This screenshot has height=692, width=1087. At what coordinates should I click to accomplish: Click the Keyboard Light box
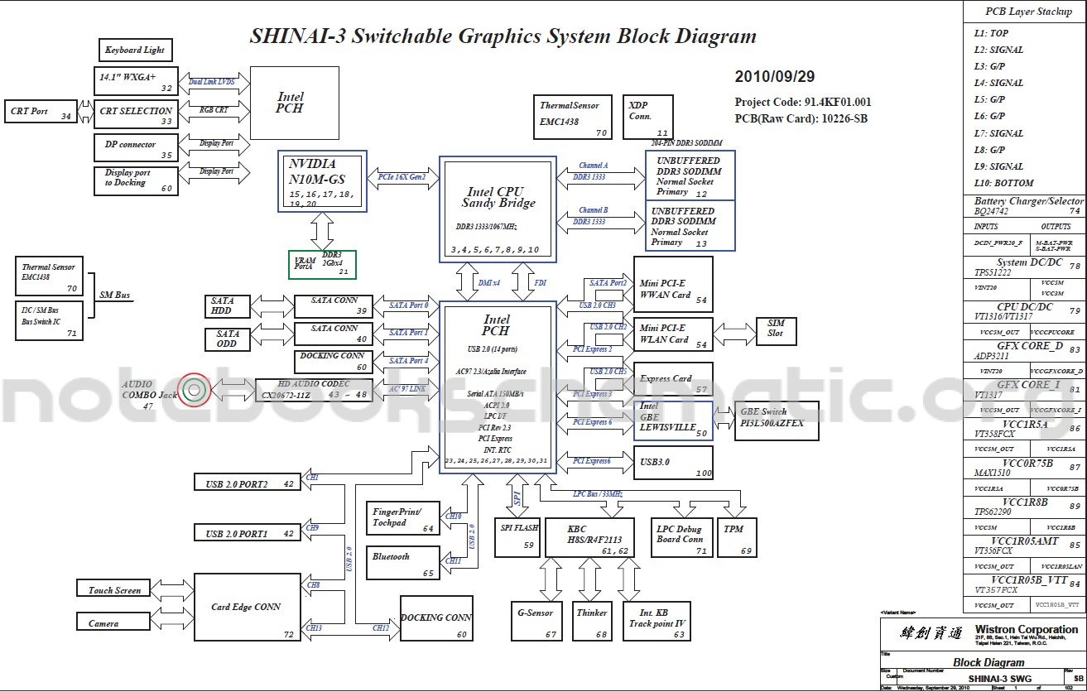pyautogui.click(x=134, y=50)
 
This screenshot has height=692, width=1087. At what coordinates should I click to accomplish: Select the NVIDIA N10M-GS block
pyautogui.click(x=323, y=180)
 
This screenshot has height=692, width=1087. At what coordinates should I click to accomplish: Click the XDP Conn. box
pyautogui.click(x=647, y=117)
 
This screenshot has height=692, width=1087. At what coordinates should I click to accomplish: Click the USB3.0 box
pyautogui.click(x=673, y=462)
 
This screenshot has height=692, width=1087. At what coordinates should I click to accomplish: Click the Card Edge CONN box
pyautogui.click(x=247, y=607)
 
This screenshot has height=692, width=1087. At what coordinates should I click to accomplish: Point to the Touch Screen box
pyautogui.click(x=114, y=590)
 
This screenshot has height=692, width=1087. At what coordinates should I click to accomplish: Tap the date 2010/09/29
pyautogui.click(x=775, y=77)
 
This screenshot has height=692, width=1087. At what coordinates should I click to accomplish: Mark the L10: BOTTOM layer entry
pyautogui.click(x=1003, y=183)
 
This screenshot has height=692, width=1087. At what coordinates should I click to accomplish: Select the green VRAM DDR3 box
pyautogui.click(x=322, y=264)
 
